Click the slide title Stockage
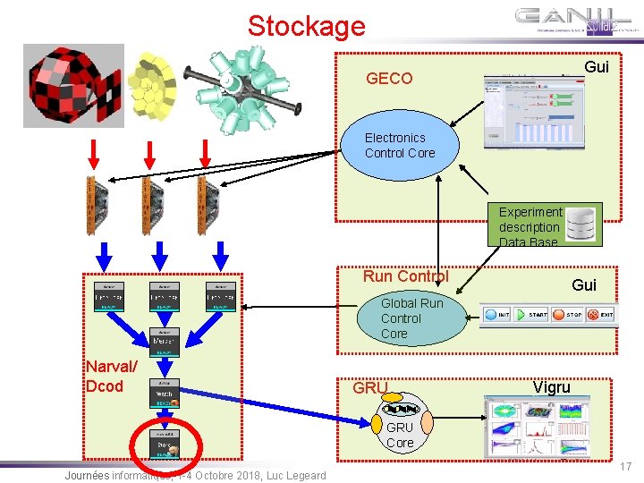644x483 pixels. tap(307, 25)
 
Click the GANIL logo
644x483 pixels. tap(576, 21)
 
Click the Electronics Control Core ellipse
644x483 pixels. tap(401, 146)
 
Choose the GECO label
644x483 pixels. tap(389, 79)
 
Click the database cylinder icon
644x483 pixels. tap(581, 225)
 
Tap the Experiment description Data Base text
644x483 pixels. tap(530, 227)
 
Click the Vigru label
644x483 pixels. tap(552, 387)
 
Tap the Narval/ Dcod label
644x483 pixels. tap(111, 377)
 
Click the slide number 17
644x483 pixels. tap(626, 466)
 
